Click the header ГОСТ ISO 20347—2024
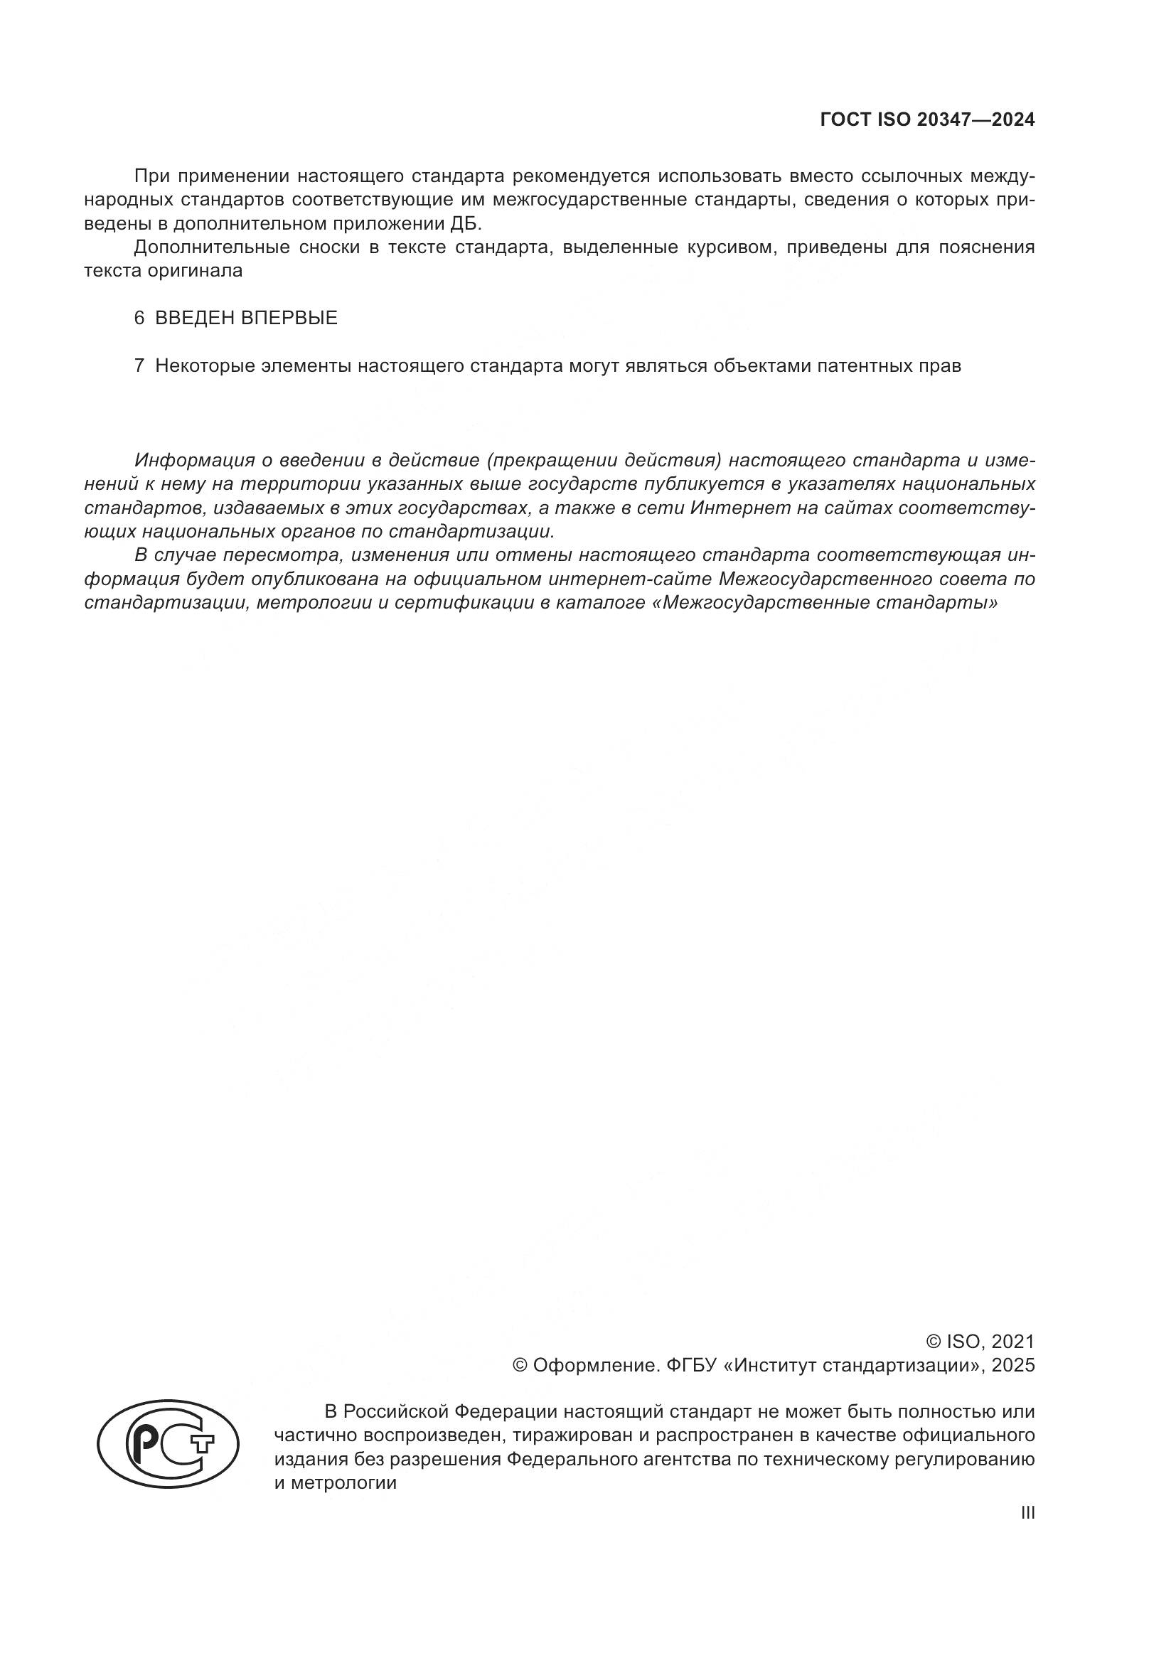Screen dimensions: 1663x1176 coord(927,120)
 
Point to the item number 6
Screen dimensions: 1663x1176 coord(139,318)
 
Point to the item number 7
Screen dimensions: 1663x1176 coord(139,365)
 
